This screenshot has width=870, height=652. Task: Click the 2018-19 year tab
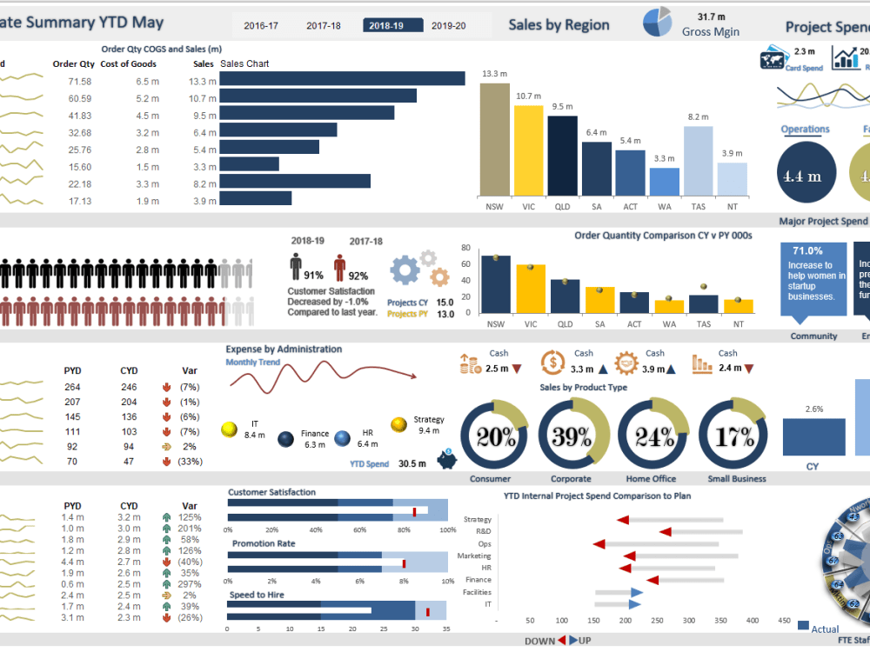coord(385,26)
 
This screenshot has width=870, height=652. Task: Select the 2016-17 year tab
coord(261,26)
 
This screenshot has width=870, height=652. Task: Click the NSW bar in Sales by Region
coord(494,139)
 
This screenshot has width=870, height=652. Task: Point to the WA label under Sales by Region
coord(664,208)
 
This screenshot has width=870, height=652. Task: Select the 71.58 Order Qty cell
coord(80,81)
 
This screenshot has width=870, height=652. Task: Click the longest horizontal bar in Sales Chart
coord(342,78)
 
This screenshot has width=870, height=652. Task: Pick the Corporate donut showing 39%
coord(572,436)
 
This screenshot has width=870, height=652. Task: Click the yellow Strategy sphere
coord(399,424)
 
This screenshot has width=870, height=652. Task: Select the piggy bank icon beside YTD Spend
coord(446,459)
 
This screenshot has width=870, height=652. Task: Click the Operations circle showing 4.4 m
coord(805,175)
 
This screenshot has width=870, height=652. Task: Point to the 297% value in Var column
coord(190,583)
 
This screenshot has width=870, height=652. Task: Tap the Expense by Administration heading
coord(284,349)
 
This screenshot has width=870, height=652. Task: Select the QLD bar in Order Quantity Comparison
coord(565,296)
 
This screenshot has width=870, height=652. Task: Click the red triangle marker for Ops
coord(599,544)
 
